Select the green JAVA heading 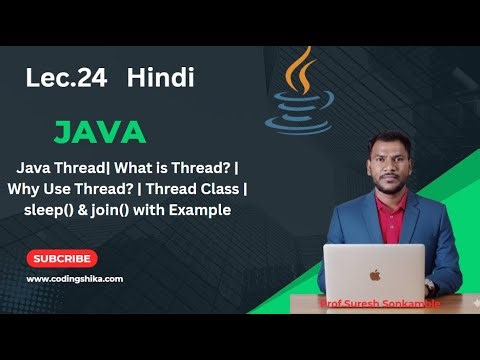point(100,132)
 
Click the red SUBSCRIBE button point(62,258)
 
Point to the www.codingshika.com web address point(74,279)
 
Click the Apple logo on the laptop point(375,274)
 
